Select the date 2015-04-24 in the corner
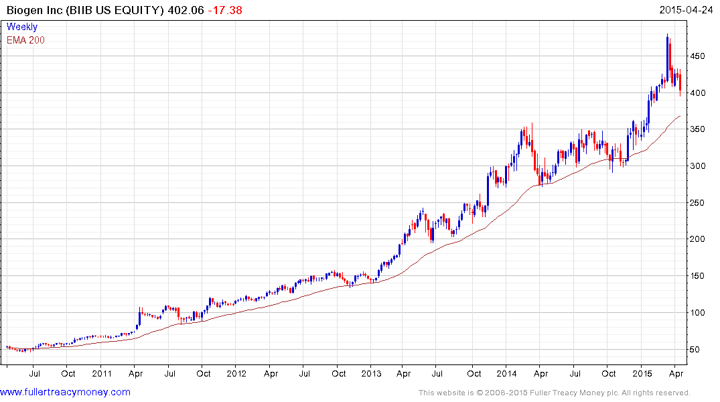tap(686, 10)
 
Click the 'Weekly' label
tap(21, 27)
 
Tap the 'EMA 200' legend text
tap(25, 40)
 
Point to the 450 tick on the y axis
tap(699, 57)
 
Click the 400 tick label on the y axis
tap(699, 93)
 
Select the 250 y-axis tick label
tap(699, 203)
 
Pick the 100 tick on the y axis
tap(699, 313)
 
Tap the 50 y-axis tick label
tap(696, 350)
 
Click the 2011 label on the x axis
tap(101, 373)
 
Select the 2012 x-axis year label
tap(236, 373)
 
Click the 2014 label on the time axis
tap(506, 373)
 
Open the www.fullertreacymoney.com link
tap(65, 392)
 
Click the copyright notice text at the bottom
tap(554, 393)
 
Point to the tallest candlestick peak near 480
tap(667, 36)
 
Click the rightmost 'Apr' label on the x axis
tap(676, 373)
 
